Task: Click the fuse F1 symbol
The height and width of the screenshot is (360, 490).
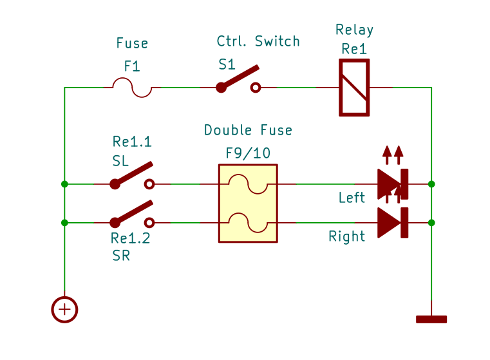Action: (132, 88)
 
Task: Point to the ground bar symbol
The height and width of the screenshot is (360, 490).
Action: (431, 319)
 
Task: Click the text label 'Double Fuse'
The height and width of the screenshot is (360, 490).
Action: (248, 130)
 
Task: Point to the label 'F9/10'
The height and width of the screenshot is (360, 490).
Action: (248, 153)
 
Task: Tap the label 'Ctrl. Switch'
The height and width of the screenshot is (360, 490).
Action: (258, 41)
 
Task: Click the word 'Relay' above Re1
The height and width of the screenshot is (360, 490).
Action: (354, 30)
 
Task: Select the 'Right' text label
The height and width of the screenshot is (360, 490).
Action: (347, 236)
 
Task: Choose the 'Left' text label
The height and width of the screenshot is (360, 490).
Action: (352, 198)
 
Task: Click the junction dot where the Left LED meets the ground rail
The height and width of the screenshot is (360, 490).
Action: (431, 184)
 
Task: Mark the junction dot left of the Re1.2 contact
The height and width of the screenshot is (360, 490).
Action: (64, 223)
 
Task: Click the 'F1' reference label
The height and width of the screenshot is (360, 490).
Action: (132, 66)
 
